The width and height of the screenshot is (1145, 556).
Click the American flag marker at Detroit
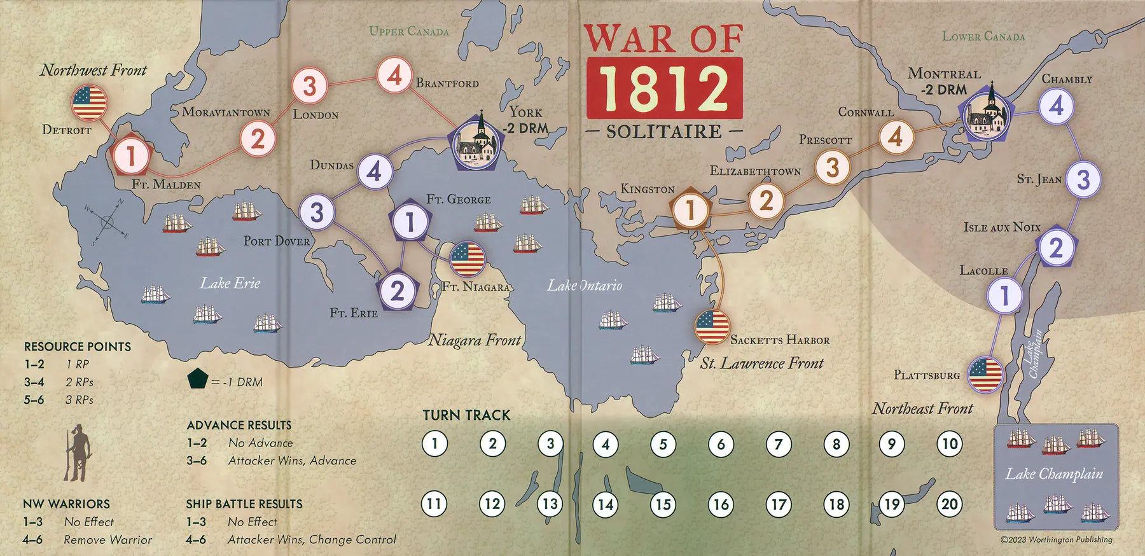89,102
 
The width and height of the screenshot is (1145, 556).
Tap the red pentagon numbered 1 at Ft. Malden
131,156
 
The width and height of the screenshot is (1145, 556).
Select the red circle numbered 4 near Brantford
394,75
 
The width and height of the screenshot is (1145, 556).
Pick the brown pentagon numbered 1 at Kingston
690,209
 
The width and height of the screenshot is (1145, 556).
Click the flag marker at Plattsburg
985,374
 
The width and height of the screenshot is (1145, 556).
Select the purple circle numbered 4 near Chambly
1056,106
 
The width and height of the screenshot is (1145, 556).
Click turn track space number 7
778,444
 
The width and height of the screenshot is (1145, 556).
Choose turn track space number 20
949,504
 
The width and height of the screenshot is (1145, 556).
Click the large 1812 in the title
664,88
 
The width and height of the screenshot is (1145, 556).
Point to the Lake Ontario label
585,286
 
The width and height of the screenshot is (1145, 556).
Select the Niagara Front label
475,340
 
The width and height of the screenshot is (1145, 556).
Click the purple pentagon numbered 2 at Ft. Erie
398,291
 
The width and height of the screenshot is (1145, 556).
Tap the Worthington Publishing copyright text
1057,539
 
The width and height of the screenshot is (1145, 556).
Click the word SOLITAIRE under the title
664,132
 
